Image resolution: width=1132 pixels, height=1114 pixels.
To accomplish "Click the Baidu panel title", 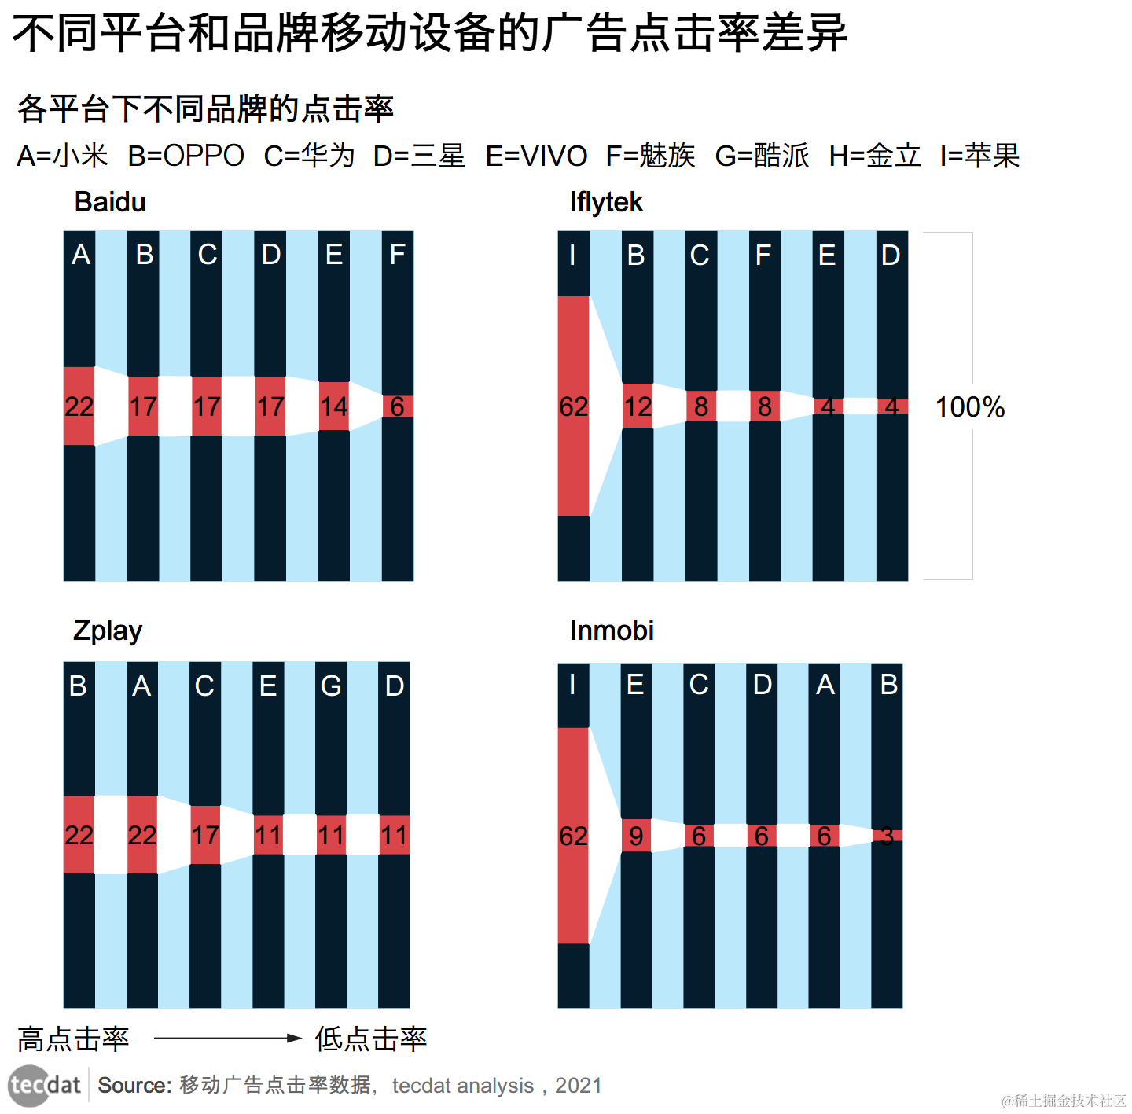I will (110, 202).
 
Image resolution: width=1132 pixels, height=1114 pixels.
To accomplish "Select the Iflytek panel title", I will (606, 202).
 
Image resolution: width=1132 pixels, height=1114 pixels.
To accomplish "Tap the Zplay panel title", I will (108, 631).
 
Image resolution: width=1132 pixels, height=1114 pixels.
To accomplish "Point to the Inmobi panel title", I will (612, 631).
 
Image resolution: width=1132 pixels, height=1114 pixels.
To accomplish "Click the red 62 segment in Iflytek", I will (574, 406).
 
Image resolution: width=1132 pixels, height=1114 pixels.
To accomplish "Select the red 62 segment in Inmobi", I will (574, 836).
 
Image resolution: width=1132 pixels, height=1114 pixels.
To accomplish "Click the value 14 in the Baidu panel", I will (334, 406).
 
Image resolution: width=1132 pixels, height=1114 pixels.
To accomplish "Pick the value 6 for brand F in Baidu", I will (397, 406).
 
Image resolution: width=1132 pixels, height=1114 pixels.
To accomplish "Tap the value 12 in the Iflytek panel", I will (638, 406).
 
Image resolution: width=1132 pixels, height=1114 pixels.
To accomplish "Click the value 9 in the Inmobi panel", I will (636, 836).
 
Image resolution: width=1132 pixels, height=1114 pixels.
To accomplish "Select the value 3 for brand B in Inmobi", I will (887, 836).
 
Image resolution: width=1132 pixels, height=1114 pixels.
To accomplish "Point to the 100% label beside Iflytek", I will (969, 407).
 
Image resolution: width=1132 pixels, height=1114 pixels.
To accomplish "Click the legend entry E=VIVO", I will (536, 156).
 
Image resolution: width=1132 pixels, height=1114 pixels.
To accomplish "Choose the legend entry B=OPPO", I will (186, 156).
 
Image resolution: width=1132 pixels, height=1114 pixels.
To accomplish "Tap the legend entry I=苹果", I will (979, 156).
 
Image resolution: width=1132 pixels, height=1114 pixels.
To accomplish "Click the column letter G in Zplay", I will (331, 686).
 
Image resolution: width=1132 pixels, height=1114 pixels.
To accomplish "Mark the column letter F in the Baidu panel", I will (397, 255).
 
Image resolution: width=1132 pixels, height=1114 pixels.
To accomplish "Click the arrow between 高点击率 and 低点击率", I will (228, 1039).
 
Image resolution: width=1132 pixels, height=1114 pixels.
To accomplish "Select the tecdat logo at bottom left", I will (45, 1086).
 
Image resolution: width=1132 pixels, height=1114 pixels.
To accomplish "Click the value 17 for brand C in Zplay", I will (205, 835).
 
